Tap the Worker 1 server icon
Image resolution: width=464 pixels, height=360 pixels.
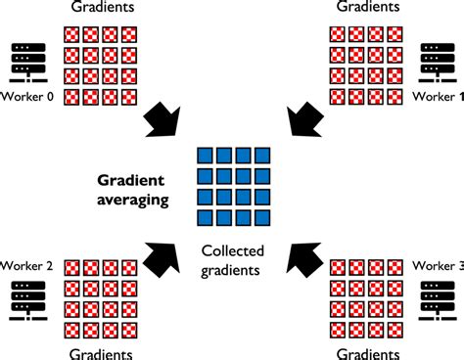(438, 61)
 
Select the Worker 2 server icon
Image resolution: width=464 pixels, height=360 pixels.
(27, 300)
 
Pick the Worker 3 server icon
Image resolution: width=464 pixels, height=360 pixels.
(438, 300)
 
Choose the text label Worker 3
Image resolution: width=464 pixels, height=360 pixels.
(438, 265)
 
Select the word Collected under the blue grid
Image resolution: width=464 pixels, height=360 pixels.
(233, 250)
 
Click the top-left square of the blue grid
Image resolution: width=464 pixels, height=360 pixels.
(206, 157)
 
